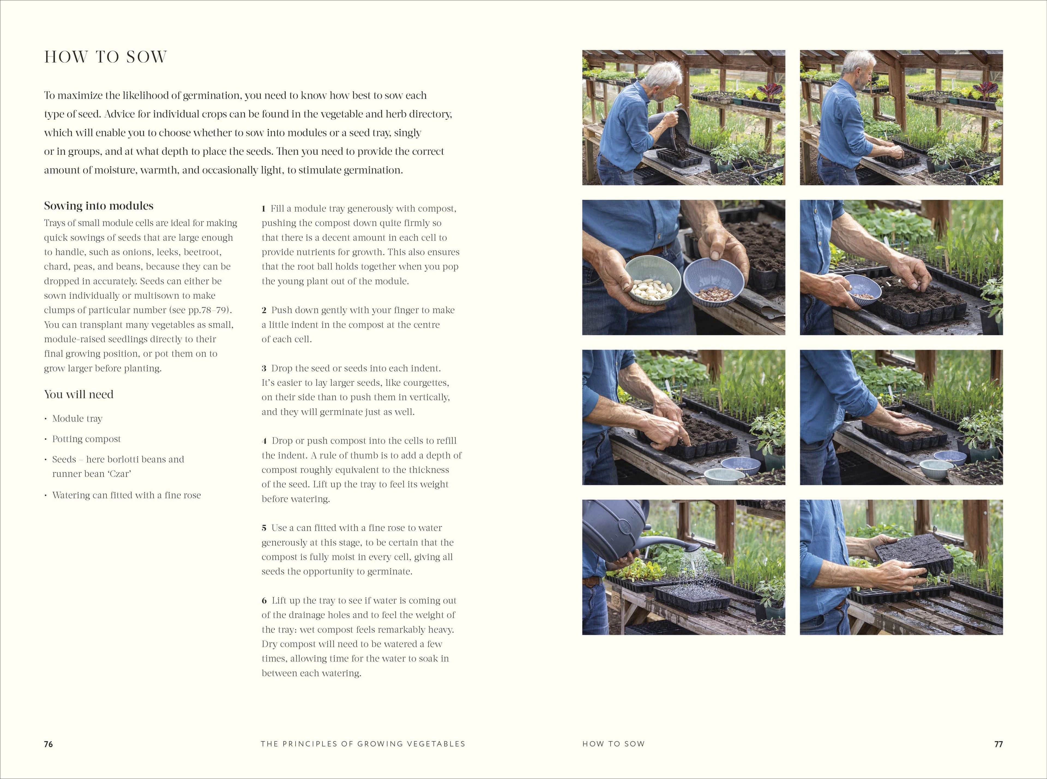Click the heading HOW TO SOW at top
(106, 57)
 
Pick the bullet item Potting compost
(86, 439)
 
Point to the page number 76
(48, 744)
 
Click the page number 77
(998, 744)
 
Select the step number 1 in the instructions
(264, 209)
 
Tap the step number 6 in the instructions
(264, 601)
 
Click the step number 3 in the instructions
(264, 368)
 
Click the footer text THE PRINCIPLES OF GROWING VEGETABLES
(363, 744)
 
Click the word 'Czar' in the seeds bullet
(120, 474)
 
